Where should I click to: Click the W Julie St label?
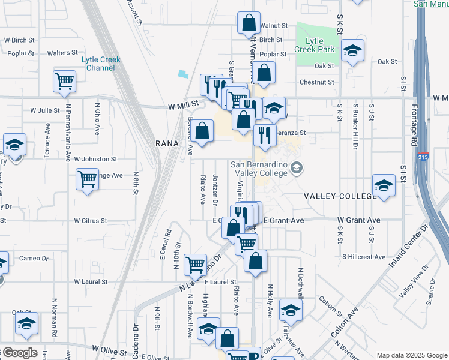coord(45,110)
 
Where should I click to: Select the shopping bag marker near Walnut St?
coord(249,24)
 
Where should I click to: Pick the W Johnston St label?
coord(95,159)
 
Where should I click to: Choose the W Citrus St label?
coord(91,221)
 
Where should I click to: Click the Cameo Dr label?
coord(34,258)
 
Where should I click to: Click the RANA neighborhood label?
coord(167,143)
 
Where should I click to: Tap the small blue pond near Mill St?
coord(182,74)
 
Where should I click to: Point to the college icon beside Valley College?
coord(295,168)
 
